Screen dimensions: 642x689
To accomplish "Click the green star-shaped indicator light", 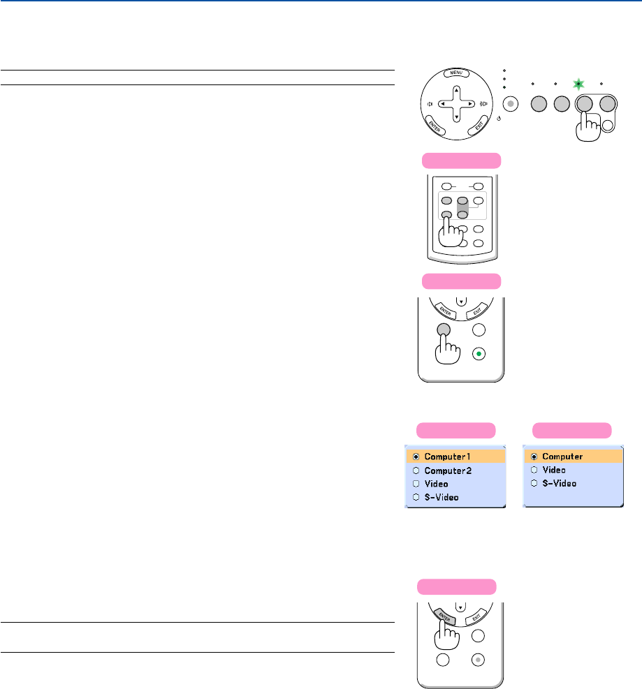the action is pos(578,84).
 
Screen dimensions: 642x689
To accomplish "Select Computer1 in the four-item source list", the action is pos(455,456).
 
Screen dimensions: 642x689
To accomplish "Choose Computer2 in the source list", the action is pos(455,470).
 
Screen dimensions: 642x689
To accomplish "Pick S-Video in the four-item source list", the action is pos(455,497).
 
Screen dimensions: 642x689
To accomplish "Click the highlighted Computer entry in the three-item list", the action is pos(574,456).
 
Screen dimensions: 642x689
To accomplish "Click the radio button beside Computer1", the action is pos(415,456).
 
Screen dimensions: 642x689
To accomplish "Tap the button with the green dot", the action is pos(479,353).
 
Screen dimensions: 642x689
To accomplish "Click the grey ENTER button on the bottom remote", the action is pos(445,614).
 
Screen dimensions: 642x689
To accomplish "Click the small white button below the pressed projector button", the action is pos(608,126).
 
